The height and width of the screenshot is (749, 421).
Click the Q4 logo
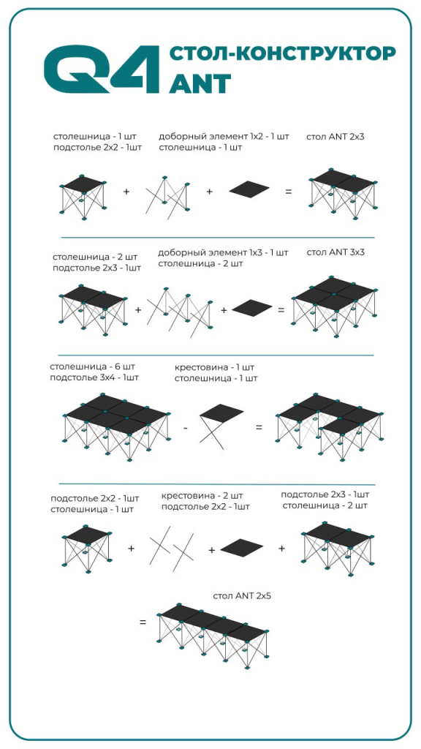pyautogui.click(x=101, y=69)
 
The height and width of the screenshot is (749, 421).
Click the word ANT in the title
pyautogui.click(x=200, y=84)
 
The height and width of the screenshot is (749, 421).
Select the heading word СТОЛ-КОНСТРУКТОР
pyautogui.click(x=283, y=54)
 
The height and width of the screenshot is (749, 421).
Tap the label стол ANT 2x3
pyautogui.click(x=335, y=137)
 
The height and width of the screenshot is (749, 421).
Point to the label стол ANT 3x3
pyautogui.click(x=335, y=252)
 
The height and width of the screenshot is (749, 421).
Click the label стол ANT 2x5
pyautogui.click(x=243, y=595)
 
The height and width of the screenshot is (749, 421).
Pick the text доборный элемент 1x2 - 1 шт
pyautogui.click(x=224, y=137)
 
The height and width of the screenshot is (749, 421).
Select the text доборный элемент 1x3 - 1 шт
pyautogui.click(x=223, y=252)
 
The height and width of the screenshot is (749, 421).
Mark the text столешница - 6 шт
pyautogui.click(x=93, y=367)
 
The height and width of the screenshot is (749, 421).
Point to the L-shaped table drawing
pyautogui.click(x=330, y=426)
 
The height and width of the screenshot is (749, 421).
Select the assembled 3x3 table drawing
pyautogui.click(x=334, y=306)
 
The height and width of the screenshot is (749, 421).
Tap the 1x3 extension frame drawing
pyautogui.click(x=180, y=312)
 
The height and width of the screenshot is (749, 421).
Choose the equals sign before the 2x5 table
pyautogui.click(x=143, y=622)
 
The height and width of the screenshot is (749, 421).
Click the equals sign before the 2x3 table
pyautogui.click(x=288, y=192)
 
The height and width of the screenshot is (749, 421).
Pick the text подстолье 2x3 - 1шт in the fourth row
pyautogui.click(x=325, y=494)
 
